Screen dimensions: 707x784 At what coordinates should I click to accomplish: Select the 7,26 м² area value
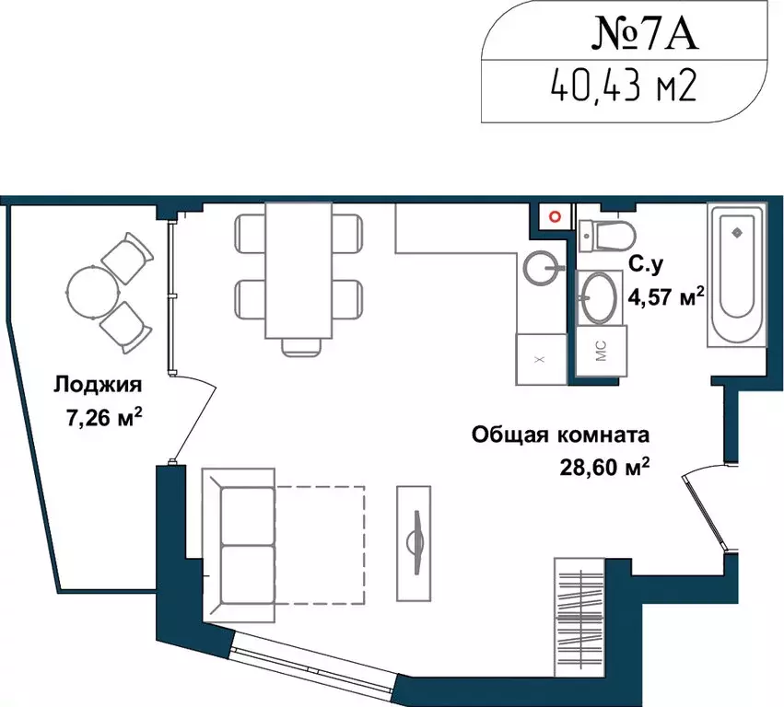click(102, 420)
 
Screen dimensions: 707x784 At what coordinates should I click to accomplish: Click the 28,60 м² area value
click(604, 468)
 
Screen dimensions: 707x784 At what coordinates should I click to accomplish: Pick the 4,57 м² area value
click(665, 296)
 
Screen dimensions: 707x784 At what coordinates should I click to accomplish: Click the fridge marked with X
click(540, 357)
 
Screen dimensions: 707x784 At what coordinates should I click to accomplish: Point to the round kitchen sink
click(542, 269)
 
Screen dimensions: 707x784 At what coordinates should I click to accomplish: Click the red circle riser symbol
click(555, 215)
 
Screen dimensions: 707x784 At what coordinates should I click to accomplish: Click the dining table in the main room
click(299, 270)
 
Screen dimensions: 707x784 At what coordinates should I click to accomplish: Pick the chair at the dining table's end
click(300, 346)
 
